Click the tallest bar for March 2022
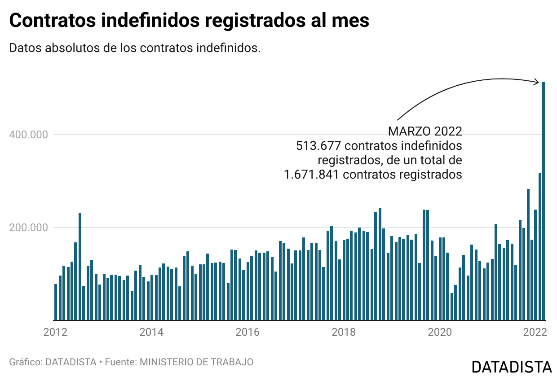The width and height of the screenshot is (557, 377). [x=544, y=201]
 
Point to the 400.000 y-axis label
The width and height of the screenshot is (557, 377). [x=28, y=135]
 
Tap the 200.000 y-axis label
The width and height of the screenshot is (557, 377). [x=28, y=228]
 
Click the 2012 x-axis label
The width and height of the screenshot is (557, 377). [x=55, y=332]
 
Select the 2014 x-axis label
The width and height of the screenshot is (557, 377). [x=151, y=332]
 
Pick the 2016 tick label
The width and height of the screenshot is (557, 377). [x=248, y=332]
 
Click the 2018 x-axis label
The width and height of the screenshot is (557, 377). [x=344, y=332]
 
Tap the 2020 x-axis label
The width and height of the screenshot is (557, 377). [x=440, y=332]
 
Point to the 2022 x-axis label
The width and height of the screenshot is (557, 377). [x=535, y=332]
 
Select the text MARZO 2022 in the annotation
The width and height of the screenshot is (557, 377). [x=425, y=131]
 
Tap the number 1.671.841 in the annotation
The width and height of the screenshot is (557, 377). [x=312, y=175]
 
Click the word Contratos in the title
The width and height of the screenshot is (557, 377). [x=53, y=20]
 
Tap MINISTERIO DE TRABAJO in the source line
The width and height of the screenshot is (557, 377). [x=196, y=362]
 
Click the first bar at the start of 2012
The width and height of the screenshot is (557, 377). [x=56, y=302]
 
